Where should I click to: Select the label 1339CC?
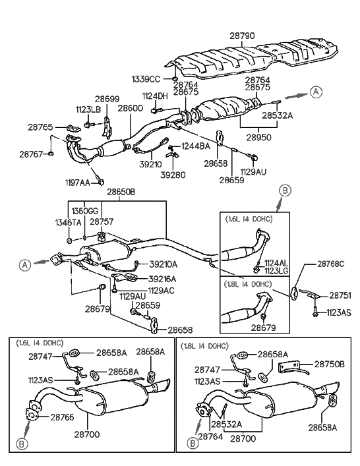click(145, 79)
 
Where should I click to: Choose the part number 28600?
click(131, 108)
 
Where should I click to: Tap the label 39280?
click(173, 176)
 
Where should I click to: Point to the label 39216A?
click(162, 278)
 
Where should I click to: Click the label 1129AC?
click(161, 290)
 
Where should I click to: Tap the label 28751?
click(340, 295)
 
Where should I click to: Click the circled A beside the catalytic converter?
click(317, 92)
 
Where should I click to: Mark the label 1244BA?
click(196, 146)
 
